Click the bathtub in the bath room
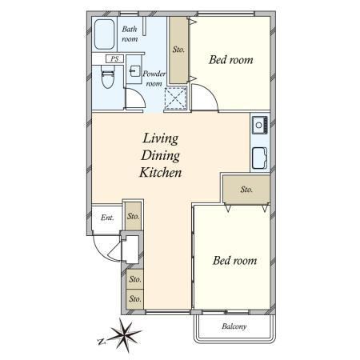(x=104, y=34)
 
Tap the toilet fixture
(x=108, y=77)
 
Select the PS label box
(x=114, y=58)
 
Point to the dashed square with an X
(x=175, y=98)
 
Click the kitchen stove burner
(x=259, y=125)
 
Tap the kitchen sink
(x=260, y=158)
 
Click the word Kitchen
(x=161, y=173)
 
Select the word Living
(x=161, y=138)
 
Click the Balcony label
(x=234, y=326)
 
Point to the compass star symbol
(x=125, y=334)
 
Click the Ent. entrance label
(x=107, y=218)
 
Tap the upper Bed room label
(x=231, y=60)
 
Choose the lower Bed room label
(x=234, y=261)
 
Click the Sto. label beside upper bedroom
(x=178, y=50)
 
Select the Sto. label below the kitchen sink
(x=246, y=190)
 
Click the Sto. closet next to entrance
(x=133, y=216)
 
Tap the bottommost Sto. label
(x=135, y=299)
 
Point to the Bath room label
(x=130, y=34)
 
